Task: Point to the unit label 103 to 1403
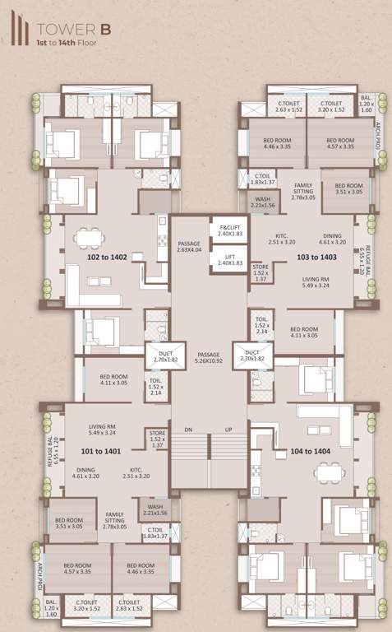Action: (316, 258)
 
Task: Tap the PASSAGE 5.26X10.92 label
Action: (210, 357)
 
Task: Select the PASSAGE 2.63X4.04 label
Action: (189, 248)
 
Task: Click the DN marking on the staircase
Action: (188, 430)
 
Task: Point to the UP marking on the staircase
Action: (229, 430)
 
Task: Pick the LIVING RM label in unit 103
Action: (313, 281)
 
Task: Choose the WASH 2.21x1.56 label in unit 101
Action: (154, 509)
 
